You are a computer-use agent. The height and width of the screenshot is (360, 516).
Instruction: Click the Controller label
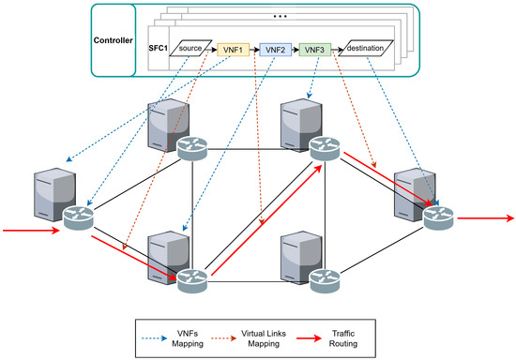coord(116,41)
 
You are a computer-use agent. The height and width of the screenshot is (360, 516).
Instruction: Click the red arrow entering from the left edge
coord(29,226)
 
